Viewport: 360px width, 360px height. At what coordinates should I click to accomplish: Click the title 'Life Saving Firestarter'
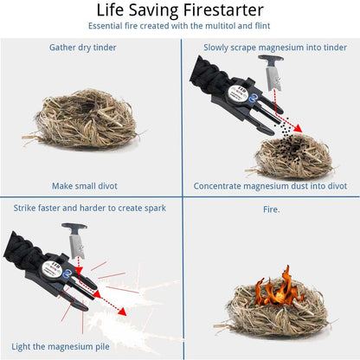[x=180, y=11]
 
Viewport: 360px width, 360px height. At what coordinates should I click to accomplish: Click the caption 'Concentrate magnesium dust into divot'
[x=270, y=185]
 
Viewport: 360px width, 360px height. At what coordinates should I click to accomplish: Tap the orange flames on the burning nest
[x=276, y=291]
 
